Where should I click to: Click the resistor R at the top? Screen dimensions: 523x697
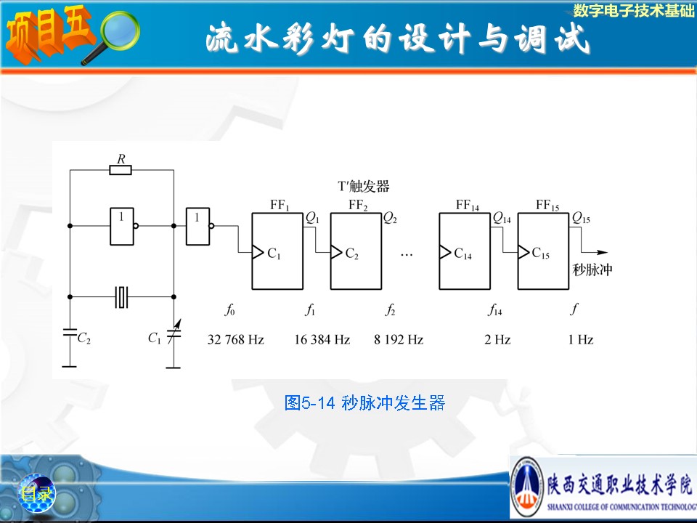121,170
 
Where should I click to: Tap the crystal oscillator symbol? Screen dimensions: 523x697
122,296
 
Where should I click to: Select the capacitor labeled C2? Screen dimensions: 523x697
70,333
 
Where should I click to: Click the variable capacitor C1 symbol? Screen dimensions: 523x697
173,334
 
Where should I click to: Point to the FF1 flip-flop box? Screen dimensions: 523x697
277,251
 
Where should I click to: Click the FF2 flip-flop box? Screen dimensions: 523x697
356,251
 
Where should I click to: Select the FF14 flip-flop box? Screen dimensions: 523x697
465,251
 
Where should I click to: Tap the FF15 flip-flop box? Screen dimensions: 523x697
543,251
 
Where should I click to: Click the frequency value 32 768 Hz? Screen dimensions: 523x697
235,339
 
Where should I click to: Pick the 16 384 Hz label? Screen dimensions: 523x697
322,339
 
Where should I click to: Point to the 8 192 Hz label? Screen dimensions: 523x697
399,339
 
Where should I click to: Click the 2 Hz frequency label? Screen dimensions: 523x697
497,339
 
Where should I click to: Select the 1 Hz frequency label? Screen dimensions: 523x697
581,339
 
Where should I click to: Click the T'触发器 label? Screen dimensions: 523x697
363,187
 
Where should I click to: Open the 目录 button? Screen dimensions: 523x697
36,494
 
